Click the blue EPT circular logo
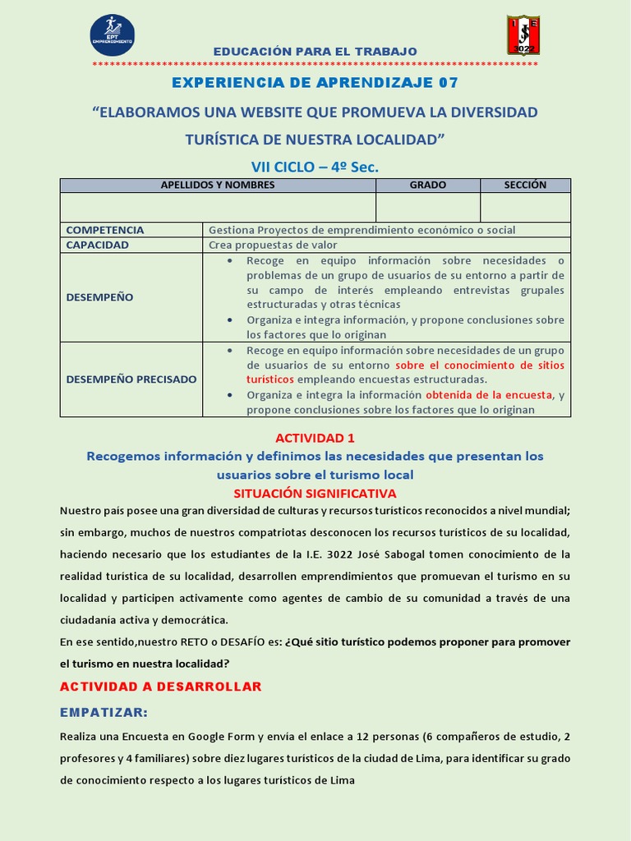pos(112,34)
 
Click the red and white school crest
pos(523,34)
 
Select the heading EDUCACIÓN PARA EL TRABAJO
pos(315,51)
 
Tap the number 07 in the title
pos(448,83)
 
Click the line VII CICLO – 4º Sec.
pos(315,167)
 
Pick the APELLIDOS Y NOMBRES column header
pos(218,185)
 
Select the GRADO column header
pos(427,185)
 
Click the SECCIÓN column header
pos(525,185)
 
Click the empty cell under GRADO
pos(427,207)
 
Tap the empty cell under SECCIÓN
pos(525,207)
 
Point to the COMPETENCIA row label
pos(104,230)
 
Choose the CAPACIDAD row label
pos(97,245)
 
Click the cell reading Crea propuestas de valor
pos(273,245)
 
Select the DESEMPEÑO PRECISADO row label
pos(131,379)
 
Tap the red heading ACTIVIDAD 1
pos(315,438)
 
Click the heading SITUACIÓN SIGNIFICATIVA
pos(315,493)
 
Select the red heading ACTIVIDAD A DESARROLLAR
pos(160,686)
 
